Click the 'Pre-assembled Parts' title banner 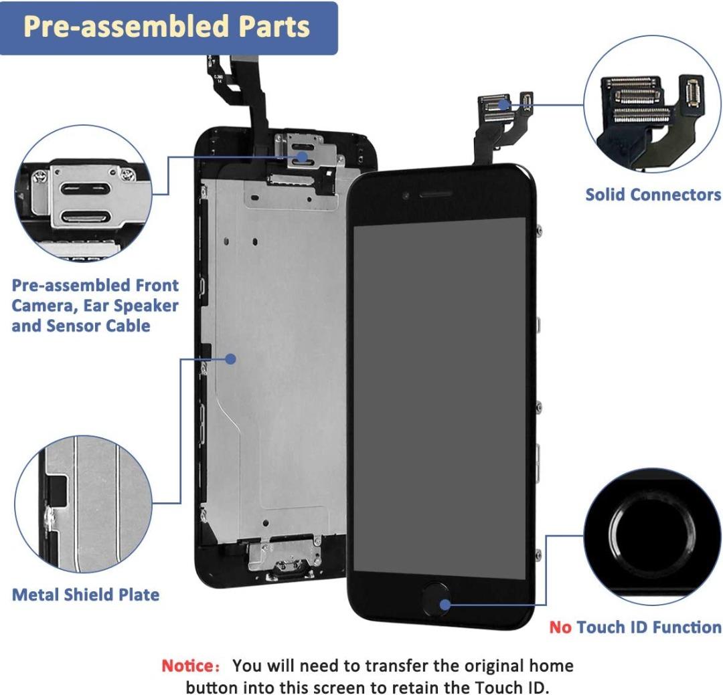click(x=167, y=27)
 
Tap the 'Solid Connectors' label click(x=653, y=195)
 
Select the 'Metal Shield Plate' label click(x=86, y=594)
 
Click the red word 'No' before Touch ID click(x=560, y=627)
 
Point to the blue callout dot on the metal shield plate click(x=230, y=359)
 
